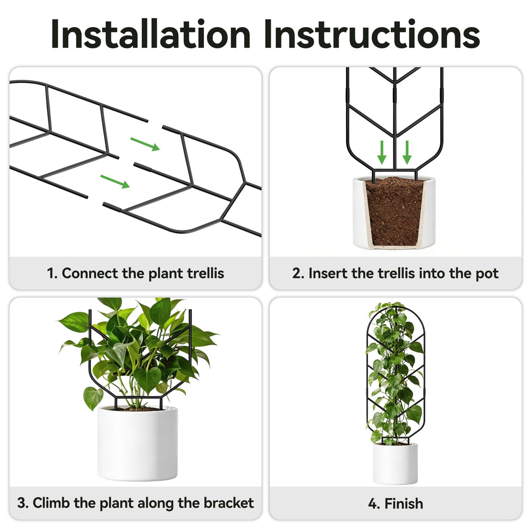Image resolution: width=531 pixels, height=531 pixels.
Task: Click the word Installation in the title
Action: pyautogui.click(x=151, y=34)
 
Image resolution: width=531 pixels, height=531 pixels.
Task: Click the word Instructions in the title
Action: pyautogui.click(x=372, y=34)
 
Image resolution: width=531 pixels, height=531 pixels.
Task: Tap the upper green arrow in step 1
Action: pyautogui.click(x=145, y=144)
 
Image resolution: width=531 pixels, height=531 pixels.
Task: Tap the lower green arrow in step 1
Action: pyautogui.click(x=115, y=181)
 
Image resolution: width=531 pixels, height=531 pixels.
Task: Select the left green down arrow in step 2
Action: pyautogui.click(x=382, y=152)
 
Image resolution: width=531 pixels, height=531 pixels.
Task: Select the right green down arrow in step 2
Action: pyautogui.click(x=407, y=152)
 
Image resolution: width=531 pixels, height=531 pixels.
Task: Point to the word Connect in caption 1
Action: pyautogui.click(x=90, y=273)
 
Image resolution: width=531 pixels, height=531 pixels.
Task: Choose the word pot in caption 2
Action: pyautogui.click(x=487, y=273)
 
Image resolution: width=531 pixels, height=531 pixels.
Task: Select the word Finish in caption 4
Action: pyautogui.click(x=404, y=503)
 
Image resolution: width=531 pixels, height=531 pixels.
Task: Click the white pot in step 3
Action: pyautogui.click(x=137, y=443)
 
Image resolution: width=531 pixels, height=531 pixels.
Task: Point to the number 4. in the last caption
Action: pyautogui.click(x=374, y=504)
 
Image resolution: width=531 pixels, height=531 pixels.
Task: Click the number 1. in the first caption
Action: pyautogui.click(x=52, y=273)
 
